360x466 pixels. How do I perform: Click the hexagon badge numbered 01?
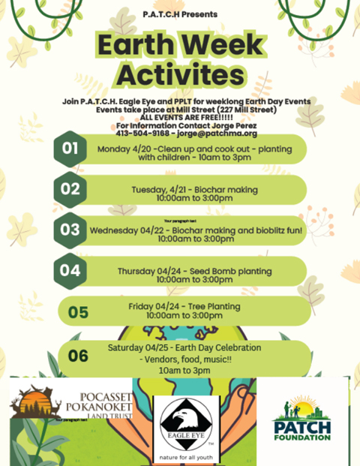tap(70, 149)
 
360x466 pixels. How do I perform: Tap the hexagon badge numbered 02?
tap(70, 189)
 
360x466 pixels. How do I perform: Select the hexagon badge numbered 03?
tap(70, 229)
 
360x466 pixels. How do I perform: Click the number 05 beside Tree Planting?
tap(78, 312)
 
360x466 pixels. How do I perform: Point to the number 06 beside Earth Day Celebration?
tap(78, 356)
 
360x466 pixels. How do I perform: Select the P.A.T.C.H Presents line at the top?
tap(181, 14)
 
